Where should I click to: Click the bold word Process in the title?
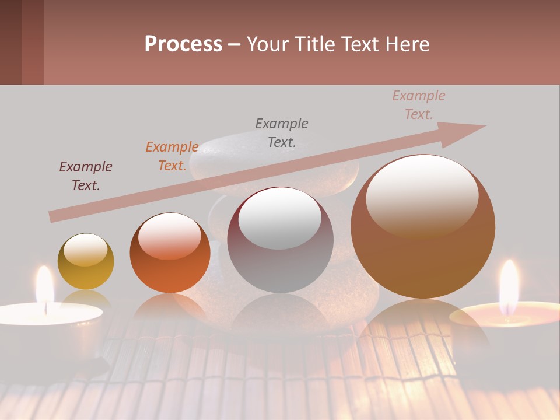click(x=183, y=44)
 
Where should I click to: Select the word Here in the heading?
click(x=406, y=44)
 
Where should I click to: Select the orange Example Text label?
click(x=172, y=156)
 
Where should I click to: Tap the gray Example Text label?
click(x=282, y=132)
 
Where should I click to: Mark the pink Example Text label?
click(x=419, y=105)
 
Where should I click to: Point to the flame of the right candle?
click(x=509, y=280)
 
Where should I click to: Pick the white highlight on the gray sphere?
click(x=280, y=217)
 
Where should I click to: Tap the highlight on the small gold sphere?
click(x=85, y=250)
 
